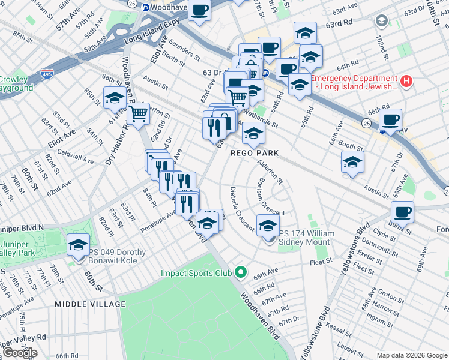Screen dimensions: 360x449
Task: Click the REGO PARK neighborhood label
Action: (x=255, y=153)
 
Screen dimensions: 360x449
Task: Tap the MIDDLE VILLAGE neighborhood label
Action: (x=83, y=304)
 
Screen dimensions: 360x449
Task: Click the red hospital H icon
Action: (x=406, y=80)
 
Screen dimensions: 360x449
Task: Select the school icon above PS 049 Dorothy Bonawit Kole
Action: (x=78, y=245)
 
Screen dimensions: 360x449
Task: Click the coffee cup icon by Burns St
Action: (x=402, y=211)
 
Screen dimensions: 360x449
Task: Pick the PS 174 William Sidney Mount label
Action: (x=304, y=238)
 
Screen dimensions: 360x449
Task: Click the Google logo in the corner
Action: (x=19, y=353)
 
